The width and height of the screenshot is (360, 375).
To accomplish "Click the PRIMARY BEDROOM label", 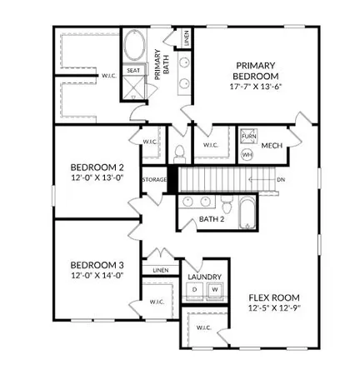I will tap(256, 71).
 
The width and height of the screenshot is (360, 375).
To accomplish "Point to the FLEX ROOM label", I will tap(274, 297).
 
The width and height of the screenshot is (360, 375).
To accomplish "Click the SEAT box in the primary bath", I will tap(133, 71).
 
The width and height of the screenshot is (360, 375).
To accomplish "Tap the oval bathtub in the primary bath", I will tap(133, 47).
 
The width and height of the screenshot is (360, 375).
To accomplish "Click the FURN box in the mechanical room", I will tap(248, 136).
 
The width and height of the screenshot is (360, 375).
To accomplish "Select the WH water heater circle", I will tap(247, 154).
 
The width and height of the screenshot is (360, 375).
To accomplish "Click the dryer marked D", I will tap(194, 289).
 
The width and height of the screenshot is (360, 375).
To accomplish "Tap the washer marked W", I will tap(214, 289).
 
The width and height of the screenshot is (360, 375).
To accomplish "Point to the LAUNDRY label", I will tap(204, 277).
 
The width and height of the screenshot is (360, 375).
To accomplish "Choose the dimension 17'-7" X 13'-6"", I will tap(256, 87).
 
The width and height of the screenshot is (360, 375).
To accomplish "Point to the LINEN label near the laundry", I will tap(161, 270).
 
